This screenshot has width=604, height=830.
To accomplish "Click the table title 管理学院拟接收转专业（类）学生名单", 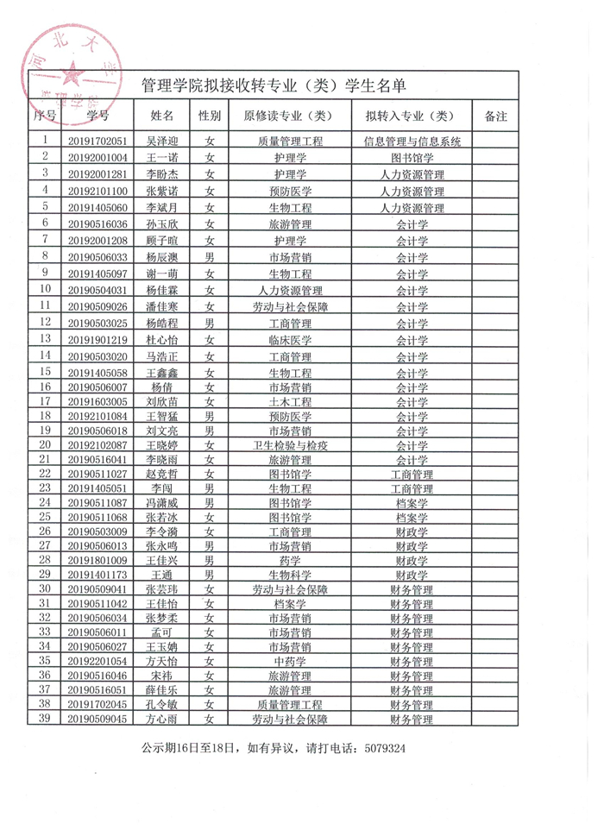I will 273,86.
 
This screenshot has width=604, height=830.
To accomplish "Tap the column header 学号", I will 98,115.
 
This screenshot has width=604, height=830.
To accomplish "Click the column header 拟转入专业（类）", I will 412,115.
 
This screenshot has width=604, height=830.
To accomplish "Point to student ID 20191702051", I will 98,141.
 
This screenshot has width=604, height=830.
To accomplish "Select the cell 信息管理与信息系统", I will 412,141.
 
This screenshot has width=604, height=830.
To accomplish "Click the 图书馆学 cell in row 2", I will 412,158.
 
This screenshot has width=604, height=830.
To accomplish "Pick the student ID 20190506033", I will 98,257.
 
